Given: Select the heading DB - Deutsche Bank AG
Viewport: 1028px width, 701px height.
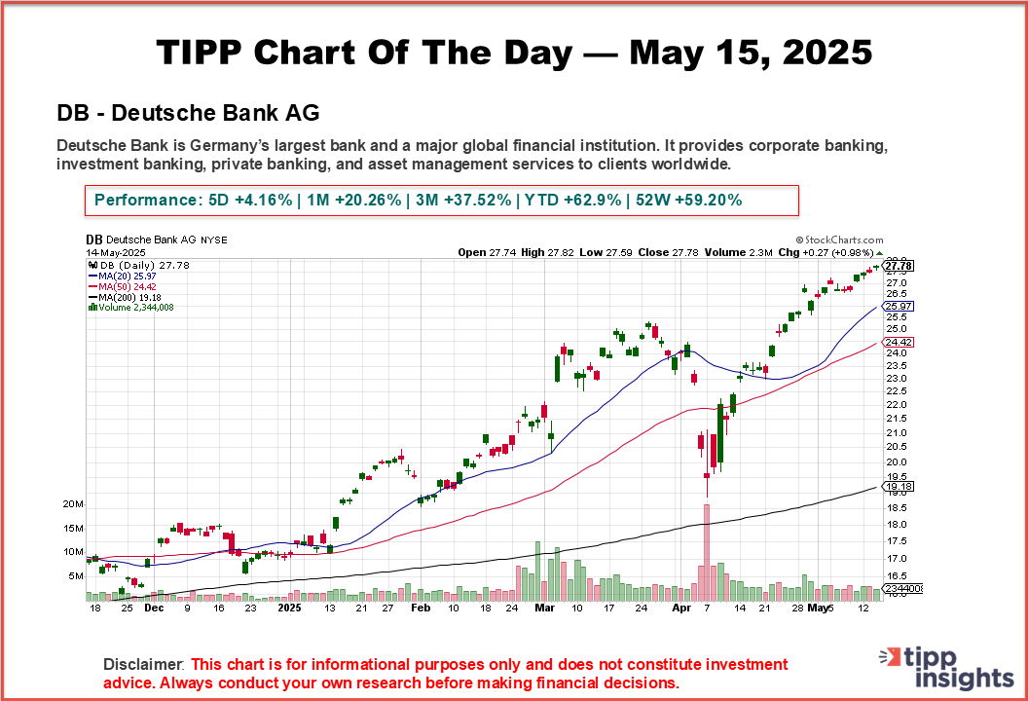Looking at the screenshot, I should [188, 113].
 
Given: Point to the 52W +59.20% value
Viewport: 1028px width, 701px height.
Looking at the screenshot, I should [689, 201].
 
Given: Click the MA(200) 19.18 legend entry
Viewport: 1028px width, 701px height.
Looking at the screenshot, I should [128, 297].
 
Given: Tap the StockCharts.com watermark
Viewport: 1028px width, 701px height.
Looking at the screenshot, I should [839, 240].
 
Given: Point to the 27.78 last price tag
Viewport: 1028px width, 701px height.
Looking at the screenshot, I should [898, 265].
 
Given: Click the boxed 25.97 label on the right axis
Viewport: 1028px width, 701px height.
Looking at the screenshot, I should [898, 306].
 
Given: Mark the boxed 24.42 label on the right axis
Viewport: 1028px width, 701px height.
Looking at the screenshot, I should [898, 343].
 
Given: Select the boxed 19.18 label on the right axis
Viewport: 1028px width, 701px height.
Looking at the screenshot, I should [898, 486].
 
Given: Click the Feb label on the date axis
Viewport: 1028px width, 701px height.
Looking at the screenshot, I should [421, 608].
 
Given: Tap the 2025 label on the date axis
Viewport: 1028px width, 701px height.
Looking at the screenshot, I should [290, 608].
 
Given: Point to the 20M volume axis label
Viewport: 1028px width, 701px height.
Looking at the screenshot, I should [72, 504].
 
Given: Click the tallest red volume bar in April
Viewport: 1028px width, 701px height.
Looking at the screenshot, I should [707, 550].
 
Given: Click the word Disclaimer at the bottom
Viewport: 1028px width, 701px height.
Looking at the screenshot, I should [144, 664].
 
